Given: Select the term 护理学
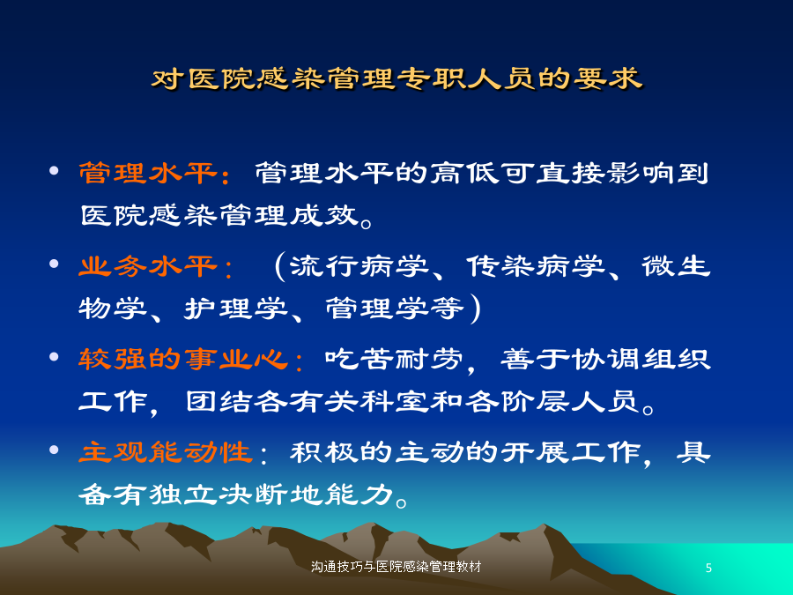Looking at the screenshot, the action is tap(236, 309).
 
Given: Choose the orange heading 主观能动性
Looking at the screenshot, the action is tap(166, 452).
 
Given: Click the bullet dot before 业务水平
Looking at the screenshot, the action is tap(54, 264).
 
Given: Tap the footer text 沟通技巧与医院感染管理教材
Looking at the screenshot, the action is tap(396, 567).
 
